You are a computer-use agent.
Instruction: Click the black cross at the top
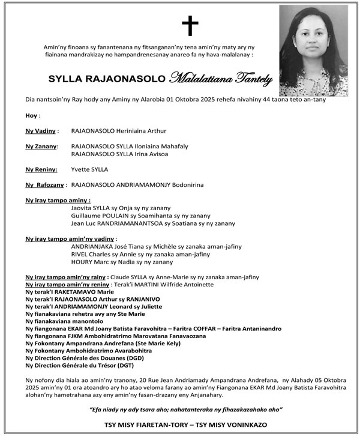coord(190,25)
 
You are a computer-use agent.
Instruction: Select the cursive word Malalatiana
coord(197,78)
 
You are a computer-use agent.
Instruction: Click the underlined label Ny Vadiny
coord(41,130)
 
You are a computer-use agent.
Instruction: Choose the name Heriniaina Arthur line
coord(119,130)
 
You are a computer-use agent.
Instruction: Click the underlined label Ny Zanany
coord(41,146)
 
